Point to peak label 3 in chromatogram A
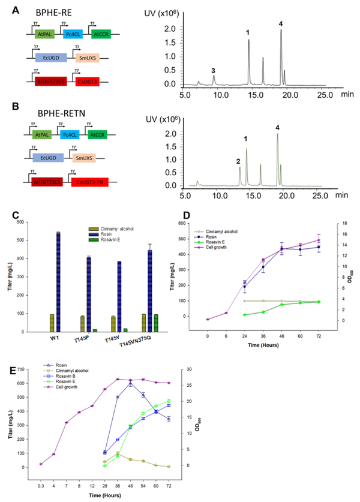pyautogui.click(x=213, y=70)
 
